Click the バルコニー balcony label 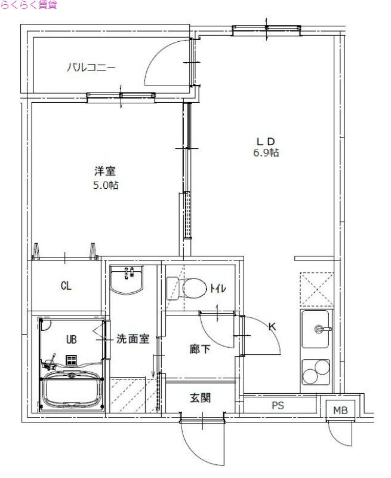(91, 67)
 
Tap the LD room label (265, 141)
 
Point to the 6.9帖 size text (265, 153)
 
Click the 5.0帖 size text (105, 185)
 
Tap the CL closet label (66, 286)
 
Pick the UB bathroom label (71, 339)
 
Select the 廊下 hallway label (200, 349)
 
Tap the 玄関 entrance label (201, 398)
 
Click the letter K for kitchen (272, 326)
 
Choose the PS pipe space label (278, 406)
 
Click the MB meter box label (340, 410)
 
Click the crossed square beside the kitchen (316, 290)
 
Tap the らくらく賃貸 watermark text (29, 5)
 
